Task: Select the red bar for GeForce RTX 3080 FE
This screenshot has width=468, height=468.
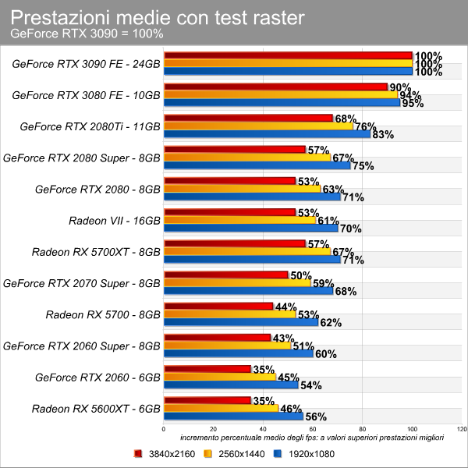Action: pos(276,87)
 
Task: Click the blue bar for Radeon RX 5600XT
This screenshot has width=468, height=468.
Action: pos(234,416)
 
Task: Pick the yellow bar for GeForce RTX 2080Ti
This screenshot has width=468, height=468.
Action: pos(260,126)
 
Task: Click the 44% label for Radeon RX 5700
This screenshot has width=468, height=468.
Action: pos(285,307)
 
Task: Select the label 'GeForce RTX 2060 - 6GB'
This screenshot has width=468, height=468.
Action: pos(97,377)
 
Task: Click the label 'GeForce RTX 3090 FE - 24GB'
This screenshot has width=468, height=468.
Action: pos(87,64)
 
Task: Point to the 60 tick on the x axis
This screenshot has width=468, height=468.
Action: pos(313,429)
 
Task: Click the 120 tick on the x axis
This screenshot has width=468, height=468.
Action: pos(461,429)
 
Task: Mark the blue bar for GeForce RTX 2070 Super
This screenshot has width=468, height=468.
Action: pos(249,290)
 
